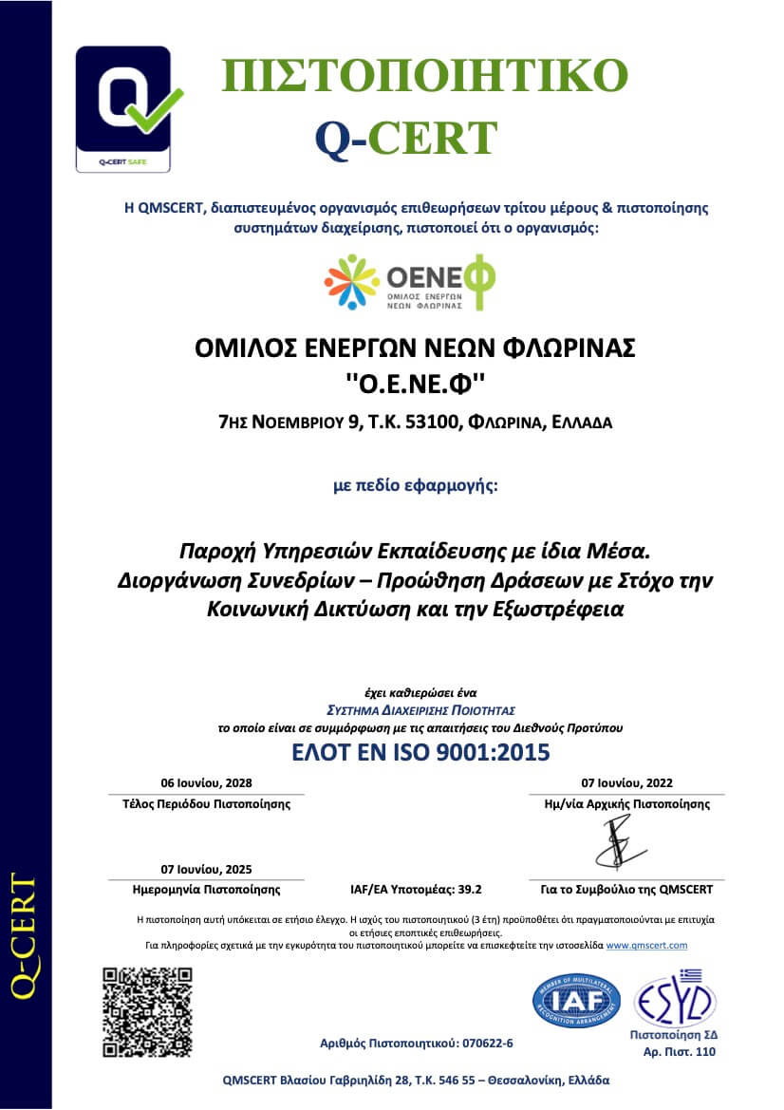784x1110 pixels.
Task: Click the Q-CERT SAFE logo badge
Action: [124, 108]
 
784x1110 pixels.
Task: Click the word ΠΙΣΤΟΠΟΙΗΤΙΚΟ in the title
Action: [424, 76]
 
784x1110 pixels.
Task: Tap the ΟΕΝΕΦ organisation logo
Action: [409, 283]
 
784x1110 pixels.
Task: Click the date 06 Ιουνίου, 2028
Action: [208, 783]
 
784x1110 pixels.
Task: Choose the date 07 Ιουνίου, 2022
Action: [627, 783]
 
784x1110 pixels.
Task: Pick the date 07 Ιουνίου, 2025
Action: [207, 869]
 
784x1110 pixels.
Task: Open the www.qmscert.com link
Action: [646, 945]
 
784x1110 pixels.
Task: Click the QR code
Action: [147, 1012]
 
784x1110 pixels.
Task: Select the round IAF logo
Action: [576, 1000]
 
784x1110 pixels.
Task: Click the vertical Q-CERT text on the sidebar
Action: [26, 935]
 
